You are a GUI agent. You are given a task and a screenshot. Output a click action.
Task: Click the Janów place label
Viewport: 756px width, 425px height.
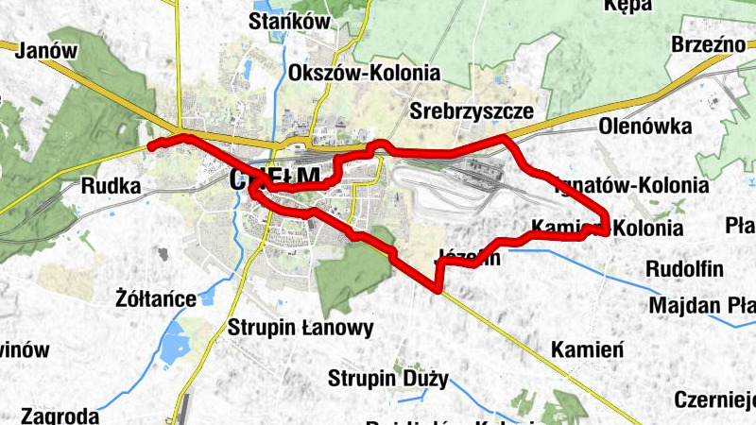pos(45,51)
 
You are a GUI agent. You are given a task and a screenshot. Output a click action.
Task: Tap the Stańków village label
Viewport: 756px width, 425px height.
pos(287,21)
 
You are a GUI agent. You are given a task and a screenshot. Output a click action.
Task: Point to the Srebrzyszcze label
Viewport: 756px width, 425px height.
pos(472,110)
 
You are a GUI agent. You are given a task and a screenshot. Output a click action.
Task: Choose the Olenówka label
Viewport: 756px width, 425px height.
pos(645,127)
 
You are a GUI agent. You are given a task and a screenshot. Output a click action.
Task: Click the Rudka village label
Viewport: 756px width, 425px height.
pos(112,186)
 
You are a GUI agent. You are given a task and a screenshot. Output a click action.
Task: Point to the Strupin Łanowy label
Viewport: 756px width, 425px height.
pos(301,328)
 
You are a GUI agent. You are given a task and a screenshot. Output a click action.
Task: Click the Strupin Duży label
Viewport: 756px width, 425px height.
pos(387,379)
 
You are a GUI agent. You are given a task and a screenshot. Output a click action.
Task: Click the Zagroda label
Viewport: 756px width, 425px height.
pos(59,416)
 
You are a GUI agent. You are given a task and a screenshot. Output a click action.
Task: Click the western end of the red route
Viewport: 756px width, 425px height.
pos(151,146)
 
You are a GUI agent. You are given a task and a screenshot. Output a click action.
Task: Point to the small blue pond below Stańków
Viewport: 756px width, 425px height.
pos(247,70)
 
